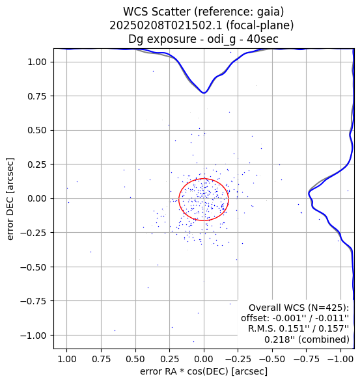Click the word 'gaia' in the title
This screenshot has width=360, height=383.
pos(271,12)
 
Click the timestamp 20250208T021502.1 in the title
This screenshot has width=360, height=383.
pos(166,25)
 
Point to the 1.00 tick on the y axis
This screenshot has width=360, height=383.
pos(37,62)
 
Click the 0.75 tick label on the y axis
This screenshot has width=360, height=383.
pos(37,96)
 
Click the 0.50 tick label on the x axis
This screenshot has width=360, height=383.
pos(135,360)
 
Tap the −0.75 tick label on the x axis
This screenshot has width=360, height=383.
pos(307,360)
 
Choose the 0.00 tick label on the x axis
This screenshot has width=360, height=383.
pos(204,360)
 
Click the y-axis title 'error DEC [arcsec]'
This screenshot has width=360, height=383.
pos(10,199)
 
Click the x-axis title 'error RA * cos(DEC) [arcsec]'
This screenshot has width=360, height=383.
pos(204,371)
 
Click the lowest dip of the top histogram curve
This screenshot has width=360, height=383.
pos(204,93)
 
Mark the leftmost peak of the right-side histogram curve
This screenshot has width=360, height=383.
pos(309,193)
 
